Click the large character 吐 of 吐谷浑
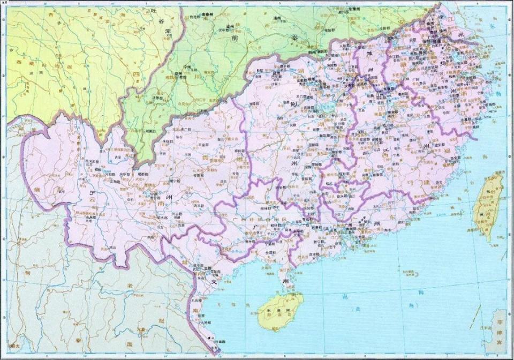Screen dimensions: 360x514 pos(154,11)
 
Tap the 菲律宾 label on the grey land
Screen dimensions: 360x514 pos(499,329)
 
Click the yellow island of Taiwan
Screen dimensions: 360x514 pos(488,206)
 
